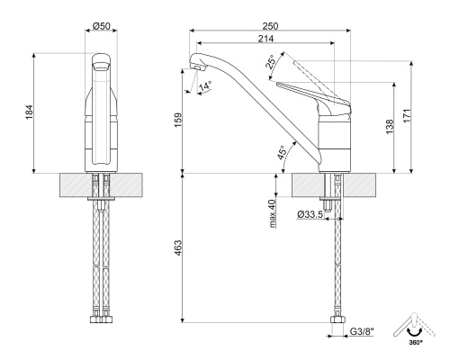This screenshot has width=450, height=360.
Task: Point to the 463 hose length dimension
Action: (x=178, y=246)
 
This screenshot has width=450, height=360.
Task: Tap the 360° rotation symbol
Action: (x=413, y=328)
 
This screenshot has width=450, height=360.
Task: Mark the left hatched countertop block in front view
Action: (x=74, y=187)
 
